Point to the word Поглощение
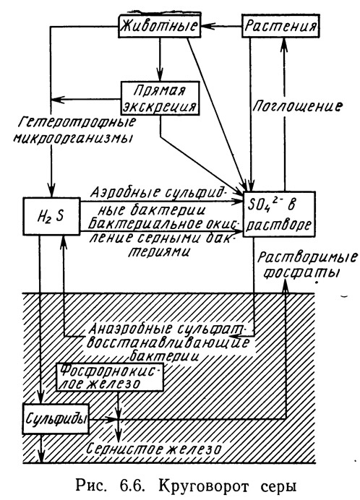pyautogui.click(x=297, y=106)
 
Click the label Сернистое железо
pyautogui.click(x=154, y=449)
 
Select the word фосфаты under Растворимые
pyautogui.click(x=302, y=274)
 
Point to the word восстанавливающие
pyautogui.click(x=168, y=342)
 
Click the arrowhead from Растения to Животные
pyautogui.click(x=206, y=26)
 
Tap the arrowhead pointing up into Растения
pyautogui.click(x=283, y=44)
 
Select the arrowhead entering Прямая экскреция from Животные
pyautogui.click(x=160, y=76)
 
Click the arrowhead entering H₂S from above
pyautogui.click(x=51, y=191)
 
